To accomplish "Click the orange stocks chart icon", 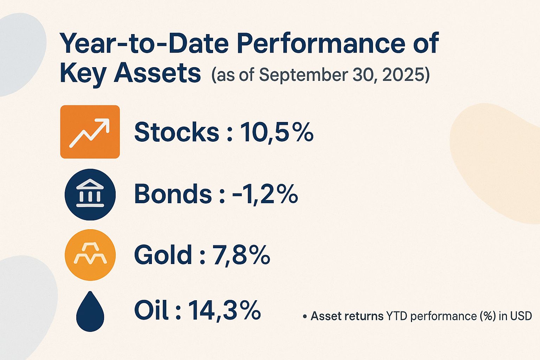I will click(x=90, y=132).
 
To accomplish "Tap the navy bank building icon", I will click(x=90, y=194).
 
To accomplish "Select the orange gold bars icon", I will click(x=90, y=255).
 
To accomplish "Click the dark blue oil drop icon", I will click(x=90, y=311).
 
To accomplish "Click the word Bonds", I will click(x=173, y=194).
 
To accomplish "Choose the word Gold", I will click(x=163, y=255).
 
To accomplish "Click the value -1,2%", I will click(x=265, y=194).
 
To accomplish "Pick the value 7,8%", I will click(x=241, y=255).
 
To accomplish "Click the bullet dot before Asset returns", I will click(x=304, y=317).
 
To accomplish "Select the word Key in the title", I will click(x=83, y=73).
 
